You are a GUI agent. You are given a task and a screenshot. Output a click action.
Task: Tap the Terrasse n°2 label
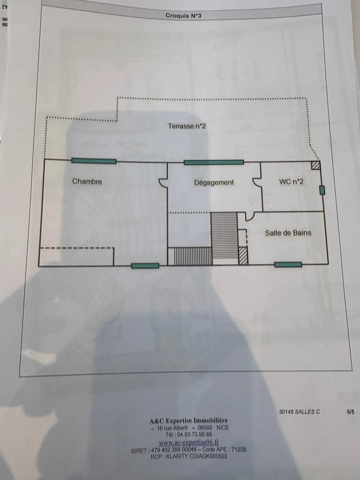point(187,126)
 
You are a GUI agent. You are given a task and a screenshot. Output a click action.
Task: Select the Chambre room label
point(87,181)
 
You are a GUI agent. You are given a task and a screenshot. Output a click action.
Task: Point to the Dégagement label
point(214,182)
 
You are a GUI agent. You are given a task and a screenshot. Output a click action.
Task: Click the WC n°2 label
point(291,182)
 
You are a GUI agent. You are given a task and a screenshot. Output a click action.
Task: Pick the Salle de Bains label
point(288,233)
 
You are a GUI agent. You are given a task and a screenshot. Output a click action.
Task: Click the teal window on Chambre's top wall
point(94,161)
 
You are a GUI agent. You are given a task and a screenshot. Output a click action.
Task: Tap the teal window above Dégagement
point(214,162)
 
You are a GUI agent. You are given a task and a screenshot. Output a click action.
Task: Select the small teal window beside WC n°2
point(322,190)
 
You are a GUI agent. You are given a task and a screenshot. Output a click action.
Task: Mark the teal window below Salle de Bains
point(288,264)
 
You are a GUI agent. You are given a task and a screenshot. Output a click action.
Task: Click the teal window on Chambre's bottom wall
point(145,265)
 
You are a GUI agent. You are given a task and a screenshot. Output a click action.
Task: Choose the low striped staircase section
point(192,256)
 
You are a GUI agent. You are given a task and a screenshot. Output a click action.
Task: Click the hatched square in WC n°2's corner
point(315,165)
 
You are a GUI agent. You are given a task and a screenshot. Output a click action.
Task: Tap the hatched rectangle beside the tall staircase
point(243,255)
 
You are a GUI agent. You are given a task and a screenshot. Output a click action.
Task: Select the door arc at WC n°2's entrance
point(256,181)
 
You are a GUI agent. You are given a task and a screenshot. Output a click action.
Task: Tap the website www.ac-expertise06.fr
point(189,442)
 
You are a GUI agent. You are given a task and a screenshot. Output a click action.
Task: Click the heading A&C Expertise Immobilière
point(189,420)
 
